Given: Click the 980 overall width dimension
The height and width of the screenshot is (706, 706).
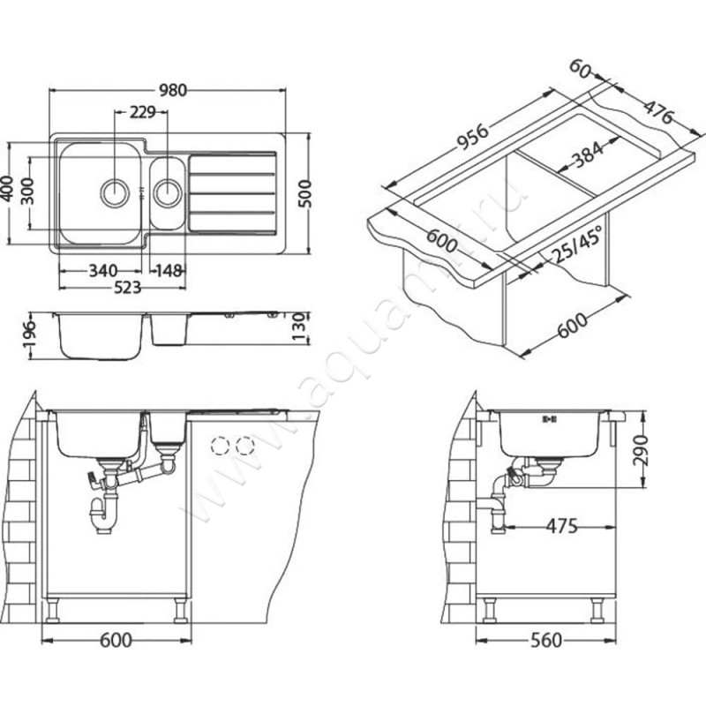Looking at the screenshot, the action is [x=173, y=91].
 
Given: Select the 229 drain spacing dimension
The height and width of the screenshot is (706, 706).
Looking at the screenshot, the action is [x=142, y=112].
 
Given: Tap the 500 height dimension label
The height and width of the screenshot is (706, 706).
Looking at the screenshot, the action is [x=304, y=193].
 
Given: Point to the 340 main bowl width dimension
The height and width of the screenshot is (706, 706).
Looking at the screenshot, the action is [x=103, y=271].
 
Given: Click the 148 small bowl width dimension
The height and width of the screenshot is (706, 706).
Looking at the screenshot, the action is [x=169, y=271].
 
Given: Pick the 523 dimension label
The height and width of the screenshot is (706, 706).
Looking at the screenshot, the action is [x=127, y=288].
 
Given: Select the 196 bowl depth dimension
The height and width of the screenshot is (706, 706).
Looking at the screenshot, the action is [x=30, y=334].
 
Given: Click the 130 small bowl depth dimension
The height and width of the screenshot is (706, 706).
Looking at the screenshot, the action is [x=299, y=327].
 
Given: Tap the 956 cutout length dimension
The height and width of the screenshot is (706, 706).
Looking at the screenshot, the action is [x=472, y=137].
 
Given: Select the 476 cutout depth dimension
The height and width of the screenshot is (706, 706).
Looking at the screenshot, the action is [x=657, y=112].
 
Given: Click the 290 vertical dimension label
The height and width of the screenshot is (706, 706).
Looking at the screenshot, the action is [x=639, y=450].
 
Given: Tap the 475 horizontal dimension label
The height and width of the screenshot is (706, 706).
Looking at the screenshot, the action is [x=561, y=525].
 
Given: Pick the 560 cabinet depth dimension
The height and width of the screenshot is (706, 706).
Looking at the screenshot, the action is [x=546, y=640].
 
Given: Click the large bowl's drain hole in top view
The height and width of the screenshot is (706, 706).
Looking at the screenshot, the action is [x=115, y=192].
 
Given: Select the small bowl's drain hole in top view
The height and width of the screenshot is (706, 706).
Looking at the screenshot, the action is [x=168, y=192].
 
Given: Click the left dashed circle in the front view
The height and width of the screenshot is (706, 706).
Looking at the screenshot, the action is [x=220, y=446].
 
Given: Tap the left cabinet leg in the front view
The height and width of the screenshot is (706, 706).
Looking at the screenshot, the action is [x=53, y=610].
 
